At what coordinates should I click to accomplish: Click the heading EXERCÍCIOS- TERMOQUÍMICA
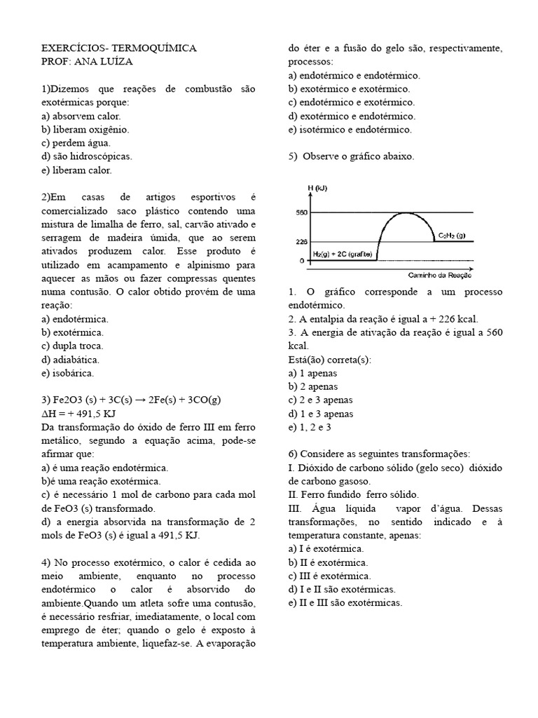(119, 48)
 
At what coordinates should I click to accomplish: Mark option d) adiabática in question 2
(73, 359)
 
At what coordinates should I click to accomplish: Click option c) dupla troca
(72, 346)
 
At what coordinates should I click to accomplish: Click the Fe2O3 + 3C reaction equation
(131, 400)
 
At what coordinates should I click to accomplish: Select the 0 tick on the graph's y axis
(301, 260)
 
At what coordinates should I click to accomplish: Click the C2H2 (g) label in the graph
(450, 236)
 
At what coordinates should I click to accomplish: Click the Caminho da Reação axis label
(443, 276)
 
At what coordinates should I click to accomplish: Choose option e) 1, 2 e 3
(310, 426)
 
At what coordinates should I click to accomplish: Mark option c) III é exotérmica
(329, 576)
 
